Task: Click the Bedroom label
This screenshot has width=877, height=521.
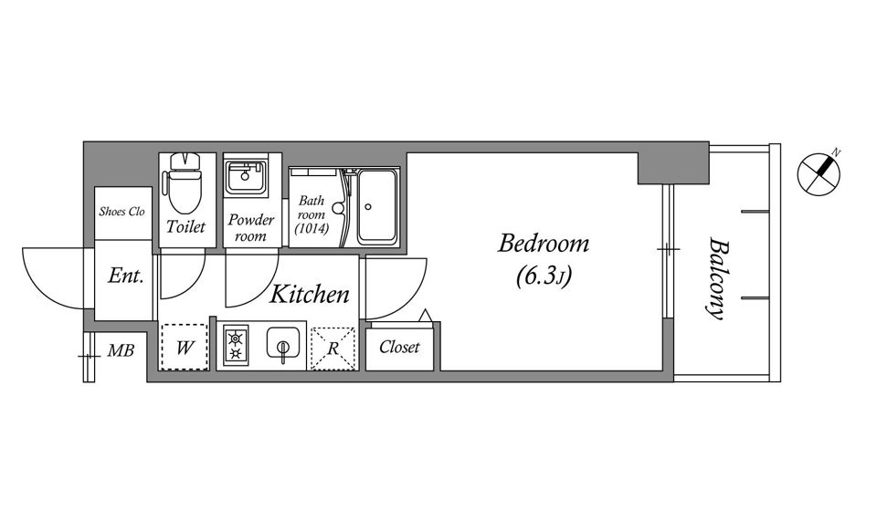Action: pos(543,245)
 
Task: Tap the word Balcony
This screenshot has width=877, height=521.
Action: pos(718,278)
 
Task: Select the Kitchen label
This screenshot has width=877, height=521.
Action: pos(310,295)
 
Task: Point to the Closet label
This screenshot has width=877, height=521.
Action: pos(399,348)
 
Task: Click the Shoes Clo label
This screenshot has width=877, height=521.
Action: pos(122,212)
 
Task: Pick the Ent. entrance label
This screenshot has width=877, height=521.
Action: pos(126,276)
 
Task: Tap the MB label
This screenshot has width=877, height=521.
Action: pos(121,350)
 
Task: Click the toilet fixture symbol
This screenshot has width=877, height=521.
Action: pos(183,182)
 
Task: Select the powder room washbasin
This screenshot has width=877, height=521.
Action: pos(246,175)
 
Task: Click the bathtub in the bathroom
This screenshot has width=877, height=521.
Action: pos(377,206)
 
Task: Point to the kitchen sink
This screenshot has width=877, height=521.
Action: pos(283,342)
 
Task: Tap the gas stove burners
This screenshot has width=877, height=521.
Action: pos(236,345)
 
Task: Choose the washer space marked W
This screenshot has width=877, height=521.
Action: pos(184,347)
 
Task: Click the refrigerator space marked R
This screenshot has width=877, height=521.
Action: pos(333,349)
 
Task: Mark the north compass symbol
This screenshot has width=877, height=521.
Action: pos(819,173)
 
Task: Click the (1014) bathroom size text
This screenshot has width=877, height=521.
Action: pos(312,228)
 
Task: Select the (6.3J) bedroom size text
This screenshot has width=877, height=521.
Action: pos(543,276)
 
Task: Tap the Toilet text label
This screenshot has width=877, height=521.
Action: pos(185,226)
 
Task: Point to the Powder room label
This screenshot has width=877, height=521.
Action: pos(250,228)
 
